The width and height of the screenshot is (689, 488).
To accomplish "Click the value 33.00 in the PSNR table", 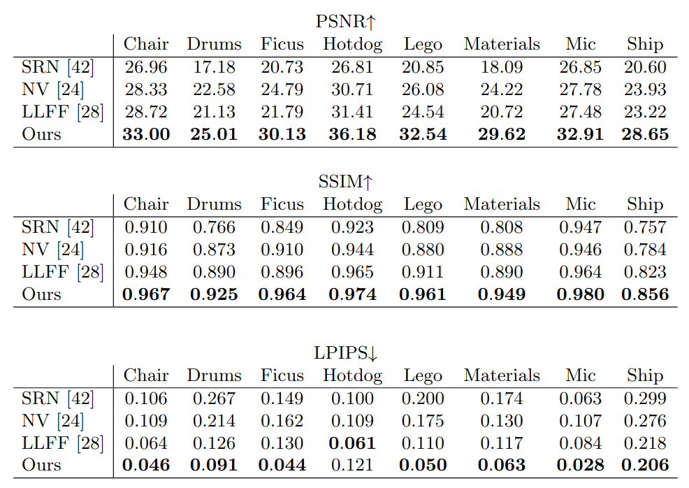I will (146, 134).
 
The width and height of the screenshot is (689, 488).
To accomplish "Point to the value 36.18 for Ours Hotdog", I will (352, 134).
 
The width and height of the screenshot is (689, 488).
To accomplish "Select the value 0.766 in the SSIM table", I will (214, 227).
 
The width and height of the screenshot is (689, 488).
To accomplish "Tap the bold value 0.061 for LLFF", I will (352, 443).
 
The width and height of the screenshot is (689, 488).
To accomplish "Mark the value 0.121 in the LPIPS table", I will (352, 465).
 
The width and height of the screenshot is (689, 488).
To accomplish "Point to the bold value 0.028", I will (580, 465).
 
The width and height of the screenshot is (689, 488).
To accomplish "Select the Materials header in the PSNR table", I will (502, 44).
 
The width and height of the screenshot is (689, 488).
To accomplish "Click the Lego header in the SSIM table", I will (423, 204).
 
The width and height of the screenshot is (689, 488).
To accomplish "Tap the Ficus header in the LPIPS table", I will (282, 375).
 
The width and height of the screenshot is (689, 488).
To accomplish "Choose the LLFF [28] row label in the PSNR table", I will (62, 112).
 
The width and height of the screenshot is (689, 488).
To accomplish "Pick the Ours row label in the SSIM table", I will (41, 294).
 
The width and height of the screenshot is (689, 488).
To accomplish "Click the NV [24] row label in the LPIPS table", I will (52, 421).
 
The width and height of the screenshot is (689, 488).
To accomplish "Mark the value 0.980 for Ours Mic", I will (580, 294).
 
